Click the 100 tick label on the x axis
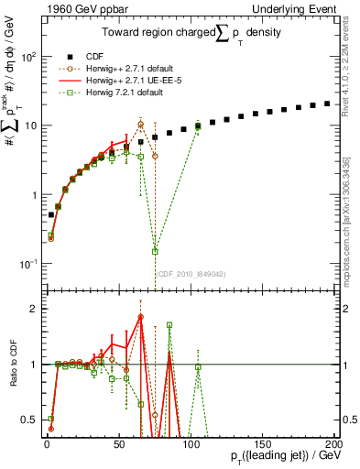coord(191,446)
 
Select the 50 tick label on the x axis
coord(119,446)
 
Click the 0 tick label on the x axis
coord(47,446)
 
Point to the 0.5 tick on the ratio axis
coord(28,420)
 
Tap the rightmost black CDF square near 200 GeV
coord(327,104)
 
